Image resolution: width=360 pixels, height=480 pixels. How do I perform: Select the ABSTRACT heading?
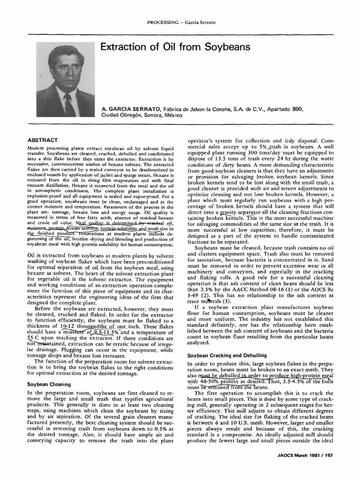43,140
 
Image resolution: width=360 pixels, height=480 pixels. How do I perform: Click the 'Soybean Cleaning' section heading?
49,384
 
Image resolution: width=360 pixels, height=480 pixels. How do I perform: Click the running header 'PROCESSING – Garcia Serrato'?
180,22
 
